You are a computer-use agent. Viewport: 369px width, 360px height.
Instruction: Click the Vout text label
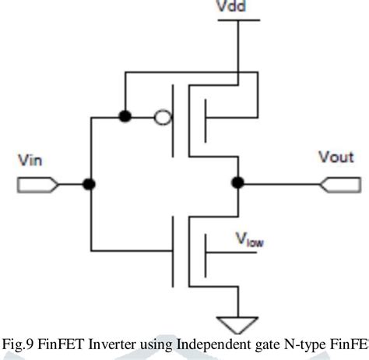pos(336,157)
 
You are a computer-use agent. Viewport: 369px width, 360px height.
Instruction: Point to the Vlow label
pos(250,241)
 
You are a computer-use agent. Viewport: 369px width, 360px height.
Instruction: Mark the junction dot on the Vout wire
pos(237,183)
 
